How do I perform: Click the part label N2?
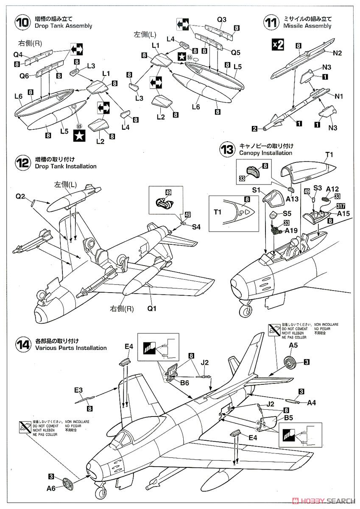coord(338,53)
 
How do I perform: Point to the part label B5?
coord(289,417)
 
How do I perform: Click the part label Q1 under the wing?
coord(152,308)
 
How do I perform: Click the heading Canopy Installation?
coord(265,153)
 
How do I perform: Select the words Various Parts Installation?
coord(71,348)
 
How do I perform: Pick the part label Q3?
coord(222,20)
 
